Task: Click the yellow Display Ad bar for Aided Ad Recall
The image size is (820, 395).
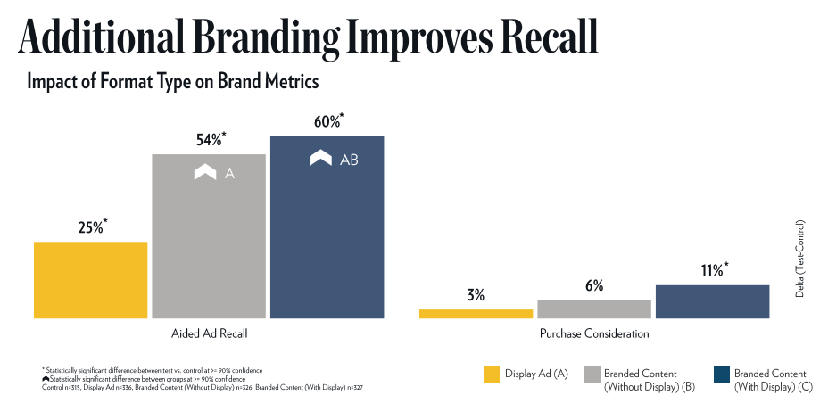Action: tap(90, 279)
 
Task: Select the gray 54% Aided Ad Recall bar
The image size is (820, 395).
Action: tap(209, 236)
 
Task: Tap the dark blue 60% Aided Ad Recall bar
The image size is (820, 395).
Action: tap(327, 226)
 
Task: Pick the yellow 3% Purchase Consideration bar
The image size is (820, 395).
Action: tap(476, 313)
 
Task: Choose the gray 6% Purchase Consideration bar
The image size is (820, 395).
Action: tap(594, 309)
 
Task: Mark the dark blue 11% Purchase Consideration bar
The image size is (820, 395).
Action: tap(712, 300)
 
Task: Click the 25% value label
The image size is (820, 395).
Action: tap(91, 227)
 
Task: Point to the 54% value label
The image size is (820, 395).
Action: tap(210, 140)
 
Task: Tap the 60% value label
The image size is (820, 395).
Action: tap(327, 121)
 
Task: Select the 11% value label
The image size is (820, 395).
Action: tap(713, 270)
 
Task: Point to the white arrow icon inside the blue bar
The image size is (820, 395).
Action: tap(321, 159)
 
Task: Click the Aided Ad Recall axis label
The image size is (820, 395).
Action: tap(209, 334)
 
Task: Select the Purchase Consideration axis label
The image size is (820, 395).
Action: tap(594, 334)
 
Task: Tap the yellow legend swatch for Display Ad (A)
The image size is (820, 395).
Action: tap(489, 374)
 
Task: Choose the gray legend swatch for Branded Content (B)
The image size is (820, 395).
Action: tap(592, 374)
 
